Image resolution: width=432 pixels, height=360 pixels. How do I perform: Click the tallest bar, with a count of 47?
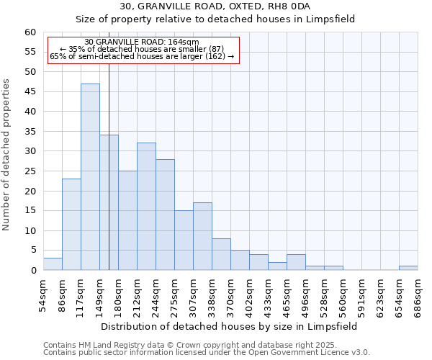[x=90, y=177]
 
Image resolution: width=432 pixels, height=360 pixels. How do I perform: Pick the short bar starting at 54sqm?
[x=53, y=264]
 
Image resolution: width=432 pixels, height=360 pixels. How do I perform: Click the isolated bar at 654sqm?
[x=408, y=268]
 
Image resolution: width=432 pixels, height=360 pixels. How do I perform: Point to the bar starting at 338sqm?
[x=221, y=254]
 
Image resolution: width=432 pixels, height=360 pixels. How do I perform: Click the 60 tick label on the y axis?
[x=30, y=32]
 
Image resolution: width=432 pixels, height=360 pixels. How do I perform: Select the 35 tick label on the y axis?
[x=30, y=132]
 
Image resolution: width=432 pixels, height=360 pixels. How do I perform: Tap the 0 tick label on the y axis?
[x=33, y=271]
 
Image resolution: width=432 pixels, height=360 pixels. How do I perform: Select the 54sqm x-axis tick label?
[x=43, y=294]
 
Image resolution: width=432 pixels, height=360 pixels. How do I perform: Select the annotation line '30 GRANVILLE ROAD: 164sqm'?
[x=142, y=42]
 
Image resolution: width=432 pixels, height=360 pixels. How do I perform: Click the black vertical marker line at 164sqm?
[x=109, y=180]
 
